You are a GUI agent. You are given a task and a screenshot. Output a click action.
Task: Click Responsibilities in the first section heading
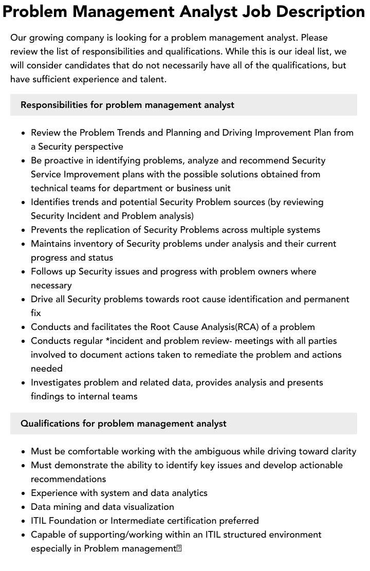pos(54,105)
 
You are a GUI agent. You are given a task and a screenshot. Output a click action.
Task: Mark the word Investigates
pos(56,382)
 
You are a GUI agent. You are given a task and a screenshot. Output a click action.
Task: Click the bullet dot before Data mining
pos(24,507)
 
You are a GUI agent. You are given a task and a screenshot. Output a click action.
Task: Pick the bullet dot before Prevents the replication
pos(24,230)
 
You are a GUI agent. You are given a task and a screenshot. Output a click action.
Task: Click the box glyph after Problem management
pos(179,548)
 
